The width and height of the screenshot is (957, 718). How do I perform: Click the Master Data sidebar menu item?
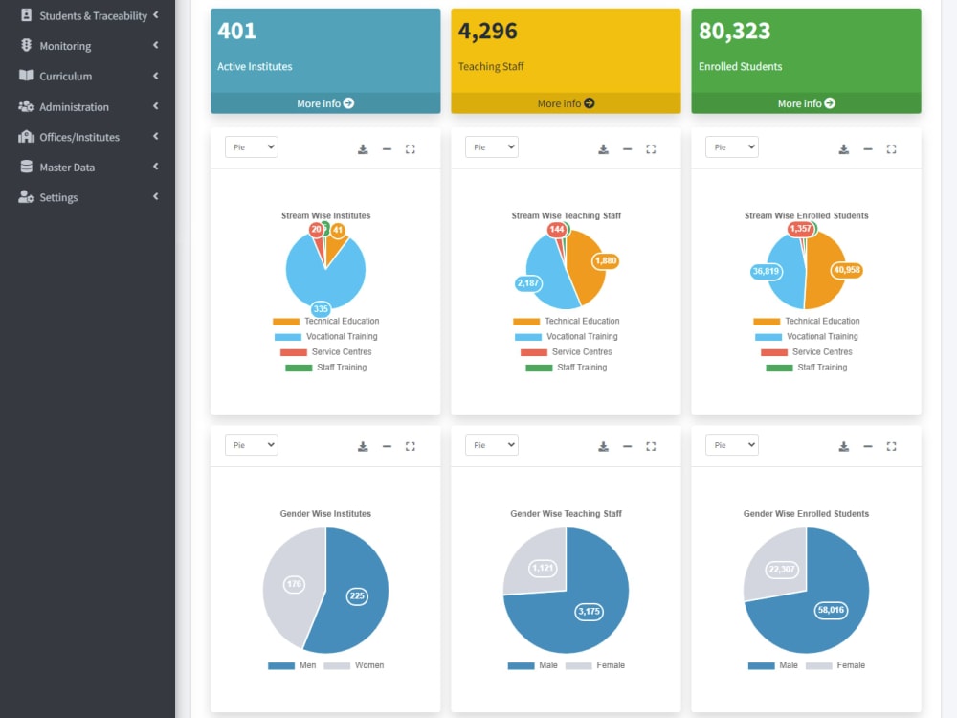click(67, 168)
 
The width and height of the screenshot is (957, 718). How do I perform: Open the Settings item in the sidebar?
click(58, 197)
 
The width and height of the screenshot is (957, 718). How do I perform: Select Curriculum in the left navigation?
click(65, 77)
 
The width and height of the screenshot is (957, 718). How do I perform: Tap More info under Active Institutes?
click(325, 103)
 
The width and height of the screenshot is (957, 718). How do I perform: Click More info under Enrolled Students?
click(806, 103)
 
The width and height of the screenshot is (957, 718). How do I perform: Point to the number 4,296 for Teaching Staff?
click(488, 32)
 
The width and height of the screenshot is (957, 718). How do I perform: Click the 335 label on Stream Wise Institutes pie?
click(321, 309)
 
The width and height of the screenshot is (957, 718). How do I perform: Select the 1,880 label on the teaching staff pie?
click(606, 260)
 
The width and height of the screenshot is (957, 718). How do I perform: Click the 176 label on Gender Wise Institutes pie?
click(294, 584)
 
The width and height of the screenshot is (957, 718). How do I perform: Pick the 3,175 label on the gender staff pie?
click(589, 612)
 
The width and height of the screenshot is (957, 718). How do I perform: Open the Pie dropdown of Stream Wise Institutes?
click(252, 147)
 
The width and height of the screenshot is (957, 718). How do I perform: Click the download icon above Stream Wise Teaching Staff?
click(603, 149)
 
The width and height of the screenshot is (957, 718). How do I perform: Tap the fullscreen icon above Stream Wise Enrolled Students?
click(891, 149)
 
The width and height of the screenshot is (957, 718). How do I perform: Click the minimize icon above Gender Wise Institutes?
click(387, 446)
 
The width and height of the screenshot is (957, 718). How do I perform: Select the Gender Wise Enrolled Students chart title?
click(806, 514)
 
